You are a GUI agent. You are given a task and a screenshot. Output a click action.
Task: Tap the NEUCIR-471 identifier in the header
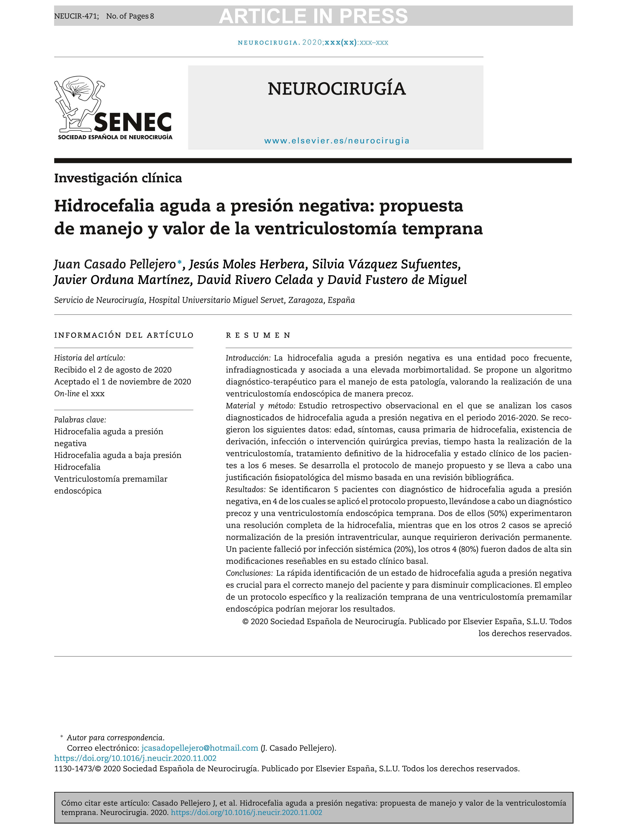click(x=76, y=16)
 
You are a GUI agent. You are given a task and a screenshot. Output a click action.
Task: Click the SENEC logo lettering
click(x=133, y=122)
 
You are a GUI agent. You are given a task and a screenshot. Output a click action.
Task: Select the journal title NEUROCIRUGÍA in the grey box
click(x=336, y=89)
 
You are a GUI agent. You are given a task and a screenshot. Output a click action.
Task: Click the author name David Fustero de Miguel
click(x=397, y=280)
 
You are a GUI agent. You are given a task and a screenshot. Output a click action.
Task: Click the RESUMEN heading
click(x=258, y=335)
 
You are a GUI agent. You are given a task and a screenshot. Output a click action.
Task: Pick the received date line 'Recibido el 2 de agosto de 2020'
click(x=113, y=370)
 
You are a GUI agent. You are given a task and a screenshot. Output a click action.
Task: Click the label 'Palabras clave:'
click(x=80, y=420)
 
